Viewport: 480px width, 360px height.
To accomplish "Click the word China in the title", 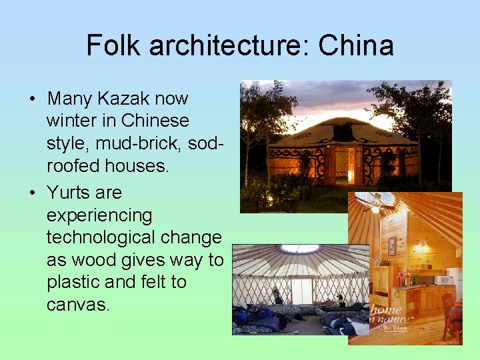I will (x=356, y=46).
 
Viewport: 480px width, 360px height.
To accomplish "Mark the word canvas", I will (x=77, y=305).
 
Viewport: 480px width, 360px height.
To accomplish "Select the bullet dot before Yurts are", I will (x=32, y=194).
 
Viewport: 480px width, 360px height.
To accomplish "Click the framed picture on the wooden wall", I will (x=391, y=245).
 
